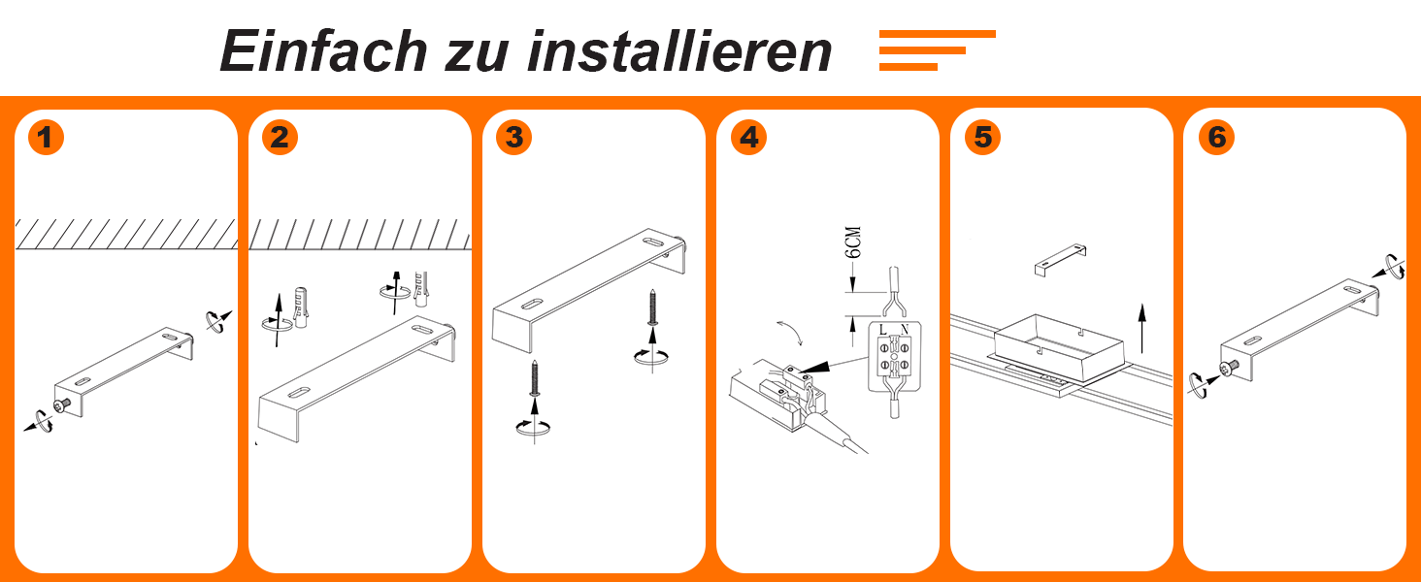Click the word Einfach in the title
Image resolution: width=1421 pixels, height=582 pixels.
[x=323, y=50]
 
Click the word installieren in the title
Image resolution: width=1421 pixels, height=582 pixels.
[x=678, y=50]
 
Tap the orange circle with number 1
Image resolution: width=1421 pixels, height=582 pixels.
[x=46, y=137]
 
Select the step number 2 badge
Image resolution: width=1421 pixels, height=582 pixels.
[x=280, y=137]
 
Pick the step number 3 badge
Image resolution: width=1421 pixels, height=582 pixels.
[x=513, y=137]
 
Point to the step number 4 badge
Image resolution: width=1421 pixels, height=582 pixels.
[x=748, y=137]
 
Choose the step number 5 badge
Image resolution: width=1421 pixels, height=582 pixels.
[x=982, y=137]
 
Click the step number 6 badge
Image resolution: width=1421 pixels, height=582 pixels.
[x=1217, y=137]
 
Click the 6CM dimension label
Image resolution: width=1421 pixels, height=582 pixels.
[x=854, y=242]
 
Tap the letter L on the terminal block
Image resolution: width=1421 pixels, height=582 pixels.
[x=883, y=330]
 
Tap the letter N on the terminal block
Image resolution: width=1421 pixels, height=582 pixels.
[x=905, y=330]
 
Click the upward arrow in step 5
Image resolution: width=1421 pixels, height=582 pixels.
[x=1141, y=329]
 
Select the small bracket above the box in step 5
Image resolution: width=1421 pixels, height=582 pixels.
[x=1060, y=259]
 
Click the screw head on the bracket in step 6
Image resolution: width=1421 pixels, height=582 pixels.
[x=1229, y=368]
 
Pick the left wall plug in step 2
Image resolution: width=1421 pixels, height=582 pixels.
[x=301, y=307]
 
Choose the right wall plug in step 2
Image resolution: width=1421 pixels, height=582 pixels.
[x=420, y=289]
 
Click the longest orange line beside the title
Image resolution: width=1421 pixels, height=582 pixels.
[x=937, y=34]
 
